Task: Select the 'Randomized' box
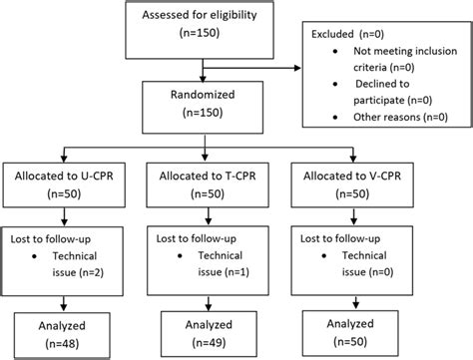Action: (x=205, y=105)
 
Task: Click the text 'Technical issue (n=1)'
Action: (x=214, y=262)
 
